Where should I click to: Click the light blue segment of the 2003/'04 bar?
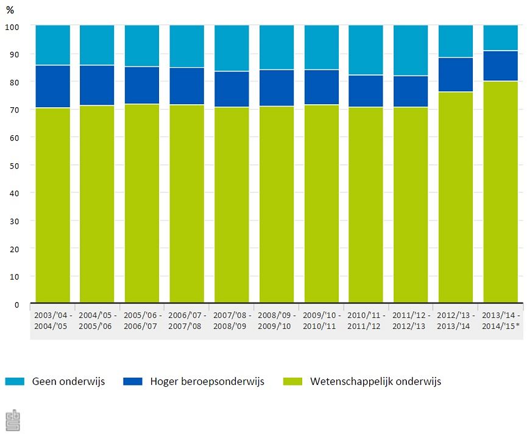(52, 45)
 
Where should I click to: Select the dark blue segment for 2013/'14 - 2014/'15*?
(501, 66)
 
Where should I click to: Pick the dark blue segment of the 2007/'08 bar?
(232, 89)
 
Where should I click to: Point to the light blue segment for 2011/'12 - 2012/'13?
(411, 51)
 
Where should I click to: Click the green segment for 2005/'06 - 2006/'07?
(142, 203)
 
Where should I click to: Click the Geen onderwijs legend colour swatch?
(14, 382)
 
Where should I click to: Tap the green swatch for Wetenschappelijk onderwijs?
(292, 382)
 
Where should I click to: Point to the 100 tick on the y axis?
(13, 26)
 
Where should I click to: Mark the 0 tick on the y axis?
(17, 304)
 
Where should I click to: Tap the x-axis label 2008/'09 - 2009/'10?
(277, 321)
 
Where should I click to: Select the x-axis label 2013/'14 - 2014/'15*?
(501, 321)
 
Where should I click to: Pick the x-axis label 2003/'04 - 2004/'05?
(52, 321)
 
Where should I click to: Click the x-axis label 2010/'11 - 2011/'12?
(366, 321)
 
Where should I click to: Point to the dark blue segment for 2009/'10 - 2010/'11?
(321, 87)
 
